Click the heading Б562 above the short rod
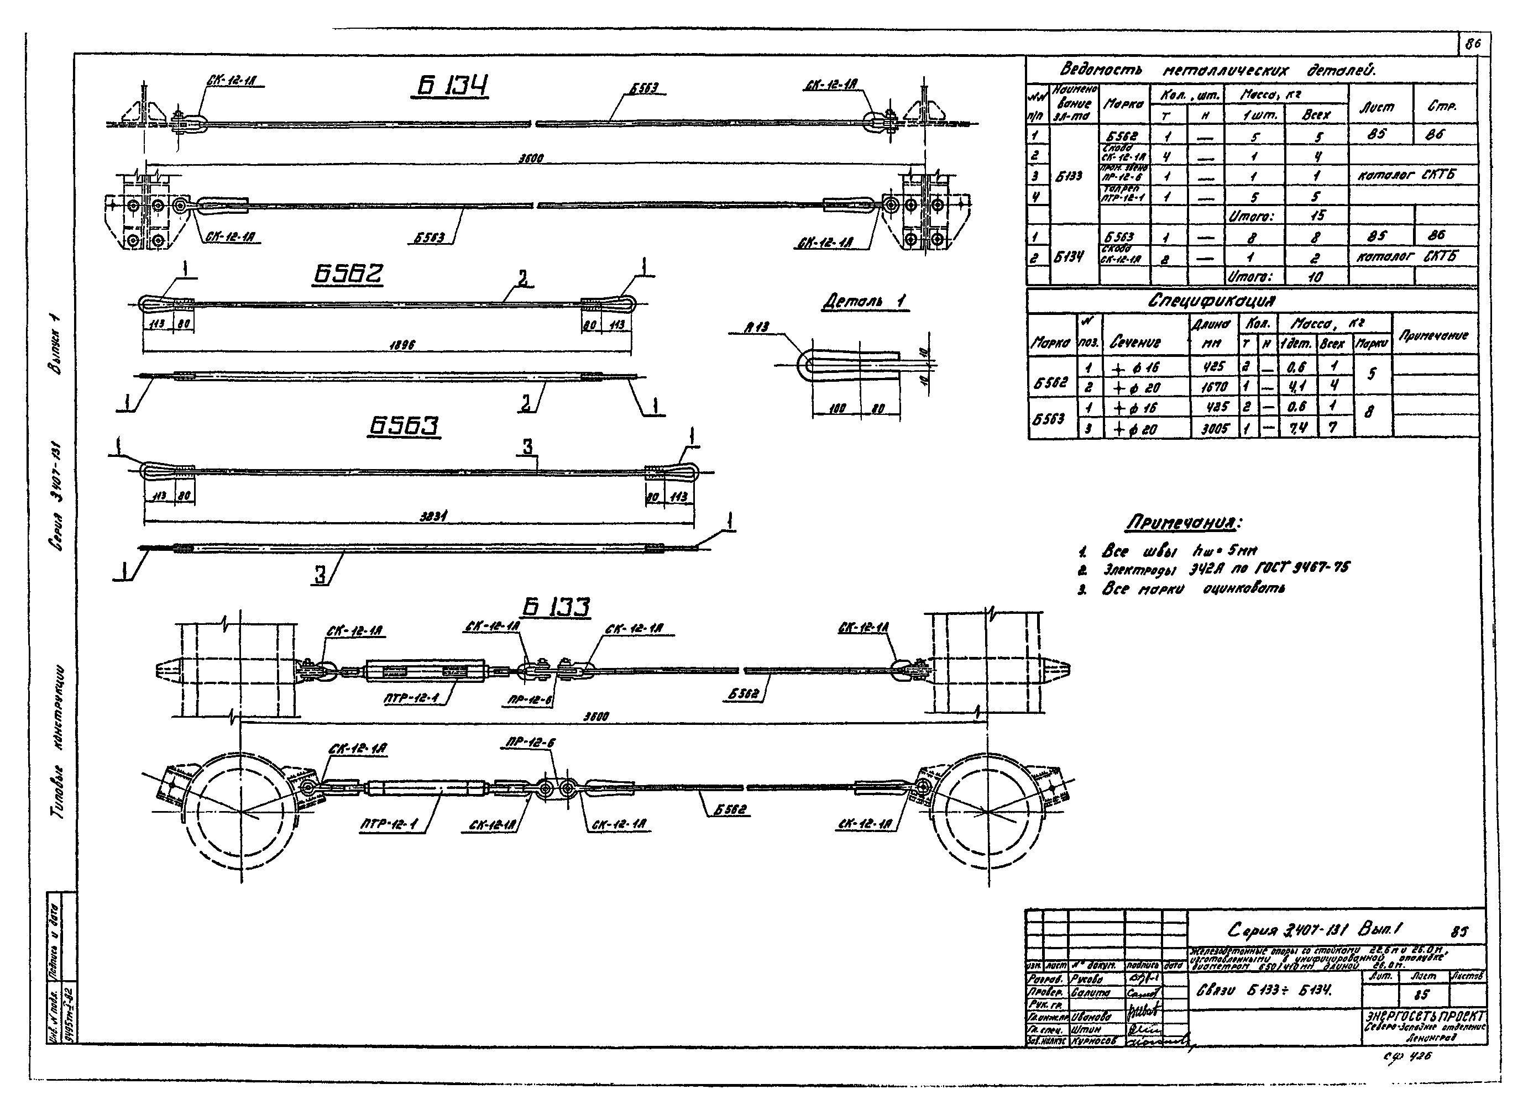(x=348, y=274)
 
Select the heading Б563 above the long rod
(x=404, y=427)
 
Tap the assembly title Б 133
(x=556, y=607)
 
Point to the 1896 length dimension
(x=401, y=344)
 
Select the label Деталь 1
(x=865, y=302)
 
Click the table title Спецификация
(x=1211, y=301)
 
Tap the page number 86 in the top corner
(x=1473, y=44)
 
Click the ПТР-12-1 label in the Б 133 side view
(x=411, y=698)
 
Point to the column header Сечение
(x=1134, y=343)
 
